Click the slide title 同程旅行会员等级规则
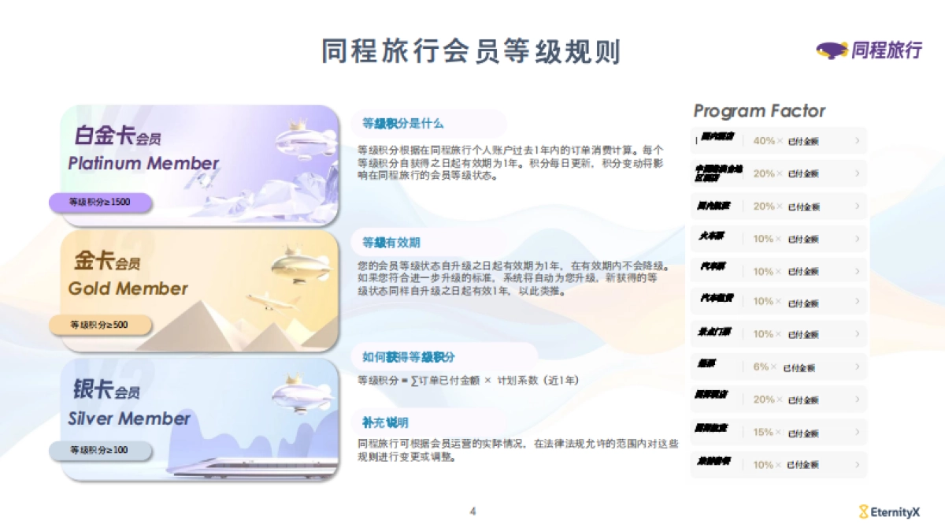click(471, 51)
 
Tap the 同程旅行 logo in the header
click(869, 50)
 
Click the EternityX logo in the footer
click(889, 512)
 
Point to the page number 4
click(472, 512)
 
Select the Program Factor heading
click(759, 111)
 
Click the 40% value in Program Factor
click(764, 141)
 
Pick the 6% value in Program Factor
click(761, 366)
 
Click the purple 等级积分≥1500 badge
click(99, 203)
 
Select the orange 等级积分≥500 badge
click(99, 325)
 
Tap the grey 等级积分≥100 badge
click(99, 450)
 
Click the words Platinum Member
click(143, 164)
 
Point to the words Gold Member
click(128, 288)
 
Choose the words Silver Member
click(129, 419)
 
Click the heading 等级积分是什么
click(403, 124)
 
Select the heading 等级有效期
click(391, 242)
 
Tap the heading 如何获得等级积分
click(409, 357)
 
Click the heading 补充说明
click(385, 422)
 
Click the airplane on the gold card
click(272, 300)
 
